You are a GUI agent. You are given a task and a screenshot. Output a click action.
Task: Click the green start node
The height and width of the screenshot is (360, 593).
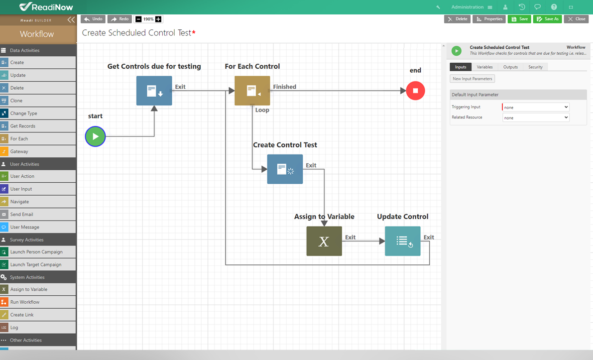tap(95, 136)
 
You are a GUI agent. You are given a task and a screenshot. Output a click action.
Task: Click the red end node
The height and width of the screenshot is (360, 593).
tap(415, 91)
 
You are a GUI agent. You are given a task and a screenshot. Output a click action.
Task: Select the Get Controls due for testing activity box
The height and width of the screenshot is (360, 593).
tap(154, 91)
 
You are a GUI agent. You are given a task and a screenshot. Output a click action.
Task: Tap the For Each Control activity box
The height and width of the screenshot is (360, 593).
tap(252, 91)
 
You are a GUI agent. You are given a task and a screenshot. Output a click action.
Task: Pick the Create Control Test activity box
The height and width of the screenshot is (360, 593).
tap(285, 169)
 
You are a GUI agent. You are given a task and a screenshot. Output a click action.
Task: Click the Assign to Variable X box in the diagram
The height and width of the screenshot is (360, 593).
tap(324, 241)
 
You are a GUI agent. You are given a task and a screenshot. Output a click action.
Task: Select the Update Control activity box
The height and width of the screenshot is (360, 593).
tap(402, 241)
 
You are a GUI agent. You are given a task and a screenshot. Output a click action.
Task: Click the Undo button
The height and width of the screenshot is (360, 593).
tap(94, 19)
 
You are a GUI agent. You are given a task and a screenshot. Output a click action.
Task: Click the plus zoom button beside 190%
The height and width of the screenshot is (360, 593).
tap(158, 19)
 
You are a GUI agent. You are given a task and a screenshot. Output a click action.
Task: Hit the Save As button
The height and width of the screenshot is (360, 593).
tap(547, 19)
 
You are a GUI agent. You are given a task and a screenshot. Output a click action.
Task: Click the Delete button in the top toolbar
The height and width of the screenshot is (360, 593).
tap(457, 19)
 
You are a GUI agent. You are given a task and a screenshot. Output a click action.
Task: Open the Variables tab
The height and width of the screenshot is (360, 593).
tap(484, 67)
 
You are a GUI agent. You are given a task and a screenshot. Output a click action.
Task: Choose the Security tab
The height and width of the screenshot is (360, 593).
tap(535, 67)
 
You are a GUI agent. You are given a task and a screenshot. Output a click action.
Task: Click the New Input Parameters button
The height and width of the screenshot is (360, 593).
tap(473, 79)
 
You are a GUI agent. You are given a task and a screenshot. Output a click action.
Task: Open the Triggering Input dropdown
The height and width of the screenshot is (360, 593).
tap(536, 108)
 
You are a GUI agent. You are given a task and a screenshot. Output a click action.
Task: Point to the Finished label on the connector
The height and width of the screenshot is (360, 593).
tap(284, 87)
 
